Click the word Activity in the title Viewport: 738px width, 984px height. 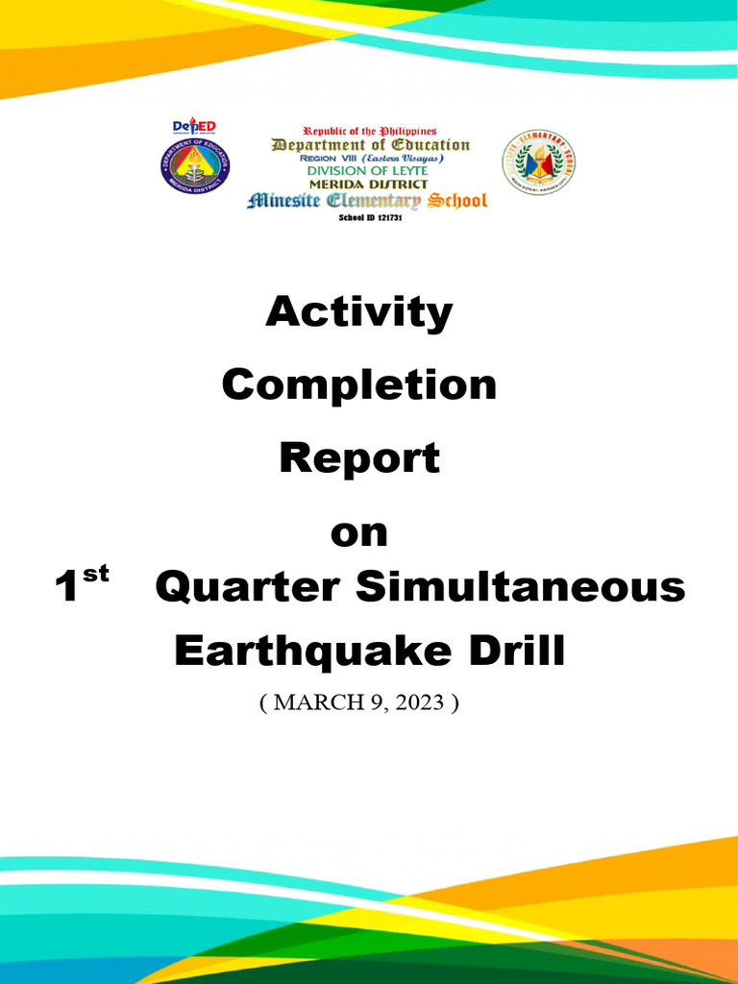click(358, 313)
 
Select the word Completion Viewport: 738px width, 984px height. click(358, 385)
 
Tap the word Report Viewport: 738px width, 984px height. click(358, 458)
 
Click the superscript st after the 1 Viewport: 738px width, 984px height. click(96, 575)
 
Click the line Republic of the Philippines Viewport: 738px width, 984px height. click(369, 131)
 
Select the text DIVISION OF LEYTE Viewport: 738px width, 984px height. click(367, 170)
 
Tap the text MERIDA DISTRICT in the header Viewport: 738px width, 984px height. click(367, 184)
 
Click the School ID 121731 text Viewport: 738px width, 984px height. click(369, 218)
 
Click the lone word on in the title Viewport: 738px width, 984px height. click(358, 532)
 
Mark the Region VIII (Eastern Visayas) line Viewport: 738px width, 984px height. click(369, 158)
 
